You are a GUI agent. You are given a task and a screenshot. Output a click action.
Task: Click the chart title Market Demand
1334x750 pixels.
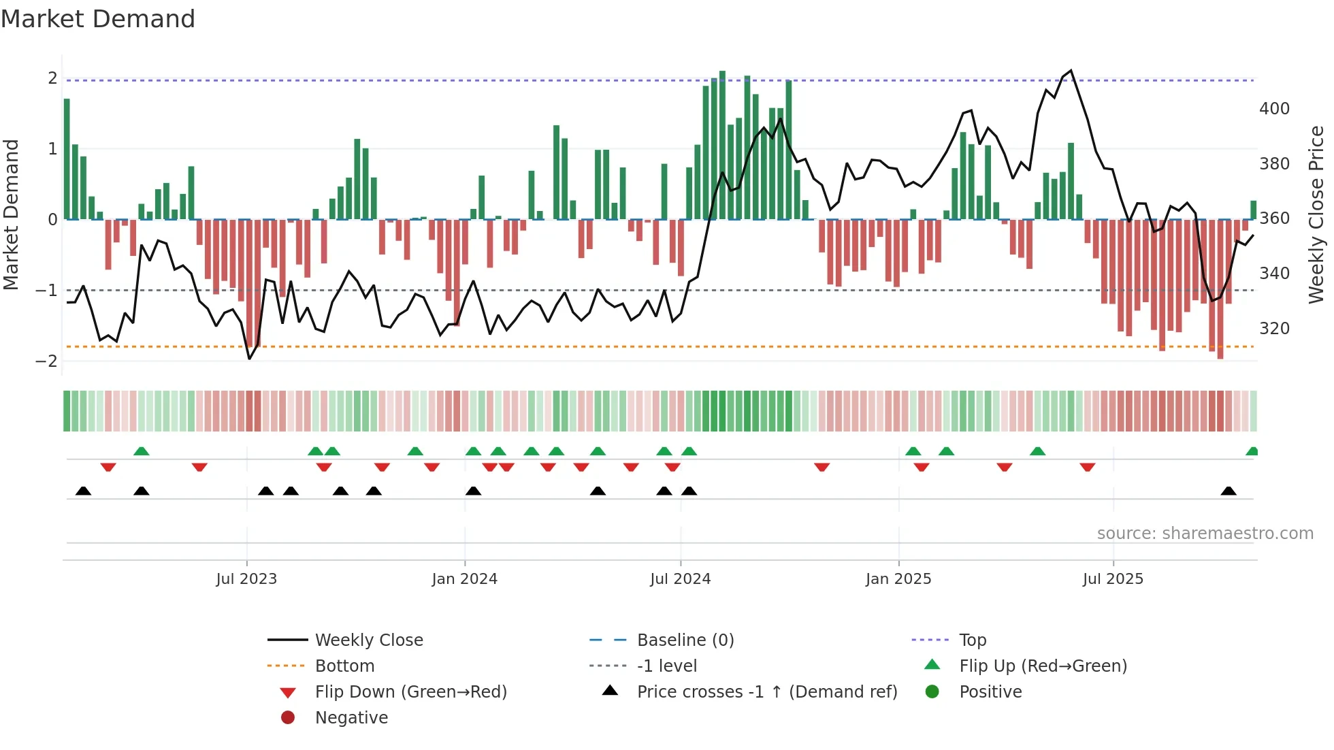(x=98, y=19)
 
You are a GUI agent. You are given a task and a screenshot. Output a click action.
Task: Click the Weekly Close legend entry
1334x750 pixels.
(x=368, y=640)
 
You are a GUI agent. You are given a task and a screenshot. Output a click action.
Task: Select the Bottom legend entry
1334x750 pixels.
(x=344, y=666)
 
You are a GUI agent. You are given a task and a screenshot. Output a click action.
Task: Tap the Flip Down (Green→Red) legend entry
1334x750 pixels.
(x=410, y=691)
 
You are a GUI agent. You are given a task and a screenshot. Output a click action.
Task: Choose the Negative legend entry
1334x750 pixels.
(x=351, y=717)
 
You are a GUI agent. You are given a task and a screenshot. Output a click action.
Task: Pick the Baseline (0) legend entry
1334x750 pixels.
(x=685, y=640)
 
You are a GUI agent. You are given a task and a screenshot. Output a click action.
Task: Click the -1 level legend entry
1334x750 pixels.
(x=666, y=666)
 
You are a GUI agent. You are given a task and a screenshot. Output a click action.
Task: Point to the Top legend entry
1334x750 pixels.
(x=972, y=640)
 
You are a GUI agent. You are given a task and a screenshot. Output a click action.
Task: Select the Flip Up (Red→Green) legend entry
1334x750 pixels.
(x=1043, y=666)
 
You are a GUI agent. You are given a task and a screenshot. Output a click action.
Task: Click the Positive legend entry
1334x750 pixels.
(x=990, y=691)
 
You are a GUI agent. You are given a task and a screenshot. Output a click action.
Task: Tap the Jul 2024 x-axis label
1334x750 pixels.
(x=680, y=579)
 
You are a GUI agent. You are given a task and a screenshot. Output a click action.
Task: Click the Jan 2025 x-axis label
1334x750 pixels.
(x=898, y=579)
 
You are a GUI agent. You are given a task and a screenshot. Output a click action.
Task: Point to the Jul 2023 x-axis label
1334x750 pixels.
(x=246, y=579)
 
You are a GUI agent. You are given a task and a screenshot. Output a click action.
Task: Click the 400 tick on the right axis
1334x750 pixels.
(x=1274, y=109)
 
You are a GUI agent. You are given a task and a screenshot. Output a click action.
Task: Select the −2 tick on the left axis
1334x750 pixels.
(x=46, y=361)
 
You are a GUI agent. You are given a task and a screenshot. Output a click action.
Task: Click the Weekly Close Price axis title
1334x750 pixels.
(x=1316, y=214)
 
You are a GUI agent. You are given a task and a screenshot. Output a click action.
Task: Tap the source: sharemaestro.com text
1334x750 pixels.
(x=1205, y=534)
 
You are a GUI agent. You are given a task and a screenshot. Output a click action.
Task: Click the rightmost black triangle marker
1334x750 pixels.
(x=1229, y=491)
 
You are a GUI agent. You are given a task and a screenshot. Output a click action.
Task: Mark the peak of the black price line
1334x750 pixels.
(x=1071, y=71)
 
